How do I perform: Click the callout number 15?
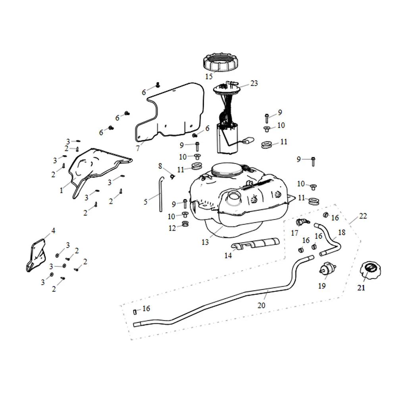pos(209,77)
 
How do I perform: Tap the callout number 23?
pos(254,83)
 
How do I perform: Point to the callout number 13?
pos(205,242)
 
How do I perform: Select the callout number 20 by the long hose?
pos(261,306)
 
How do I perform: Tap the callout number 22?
pos(363,216)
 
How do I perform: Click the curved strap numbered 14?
pos(256,243)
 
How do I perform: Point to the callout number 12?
pos(172,228)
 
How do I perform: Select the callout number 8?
pos(160,165)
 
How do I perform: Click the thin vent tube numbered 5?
pos(161,195)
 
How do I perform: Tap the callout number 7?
pos(138,148)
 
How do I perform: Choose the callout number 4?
pos(53,230)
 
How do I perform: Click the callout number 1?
pos(61,191)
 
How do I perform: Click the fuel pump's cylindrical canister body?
pos(227,138)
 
